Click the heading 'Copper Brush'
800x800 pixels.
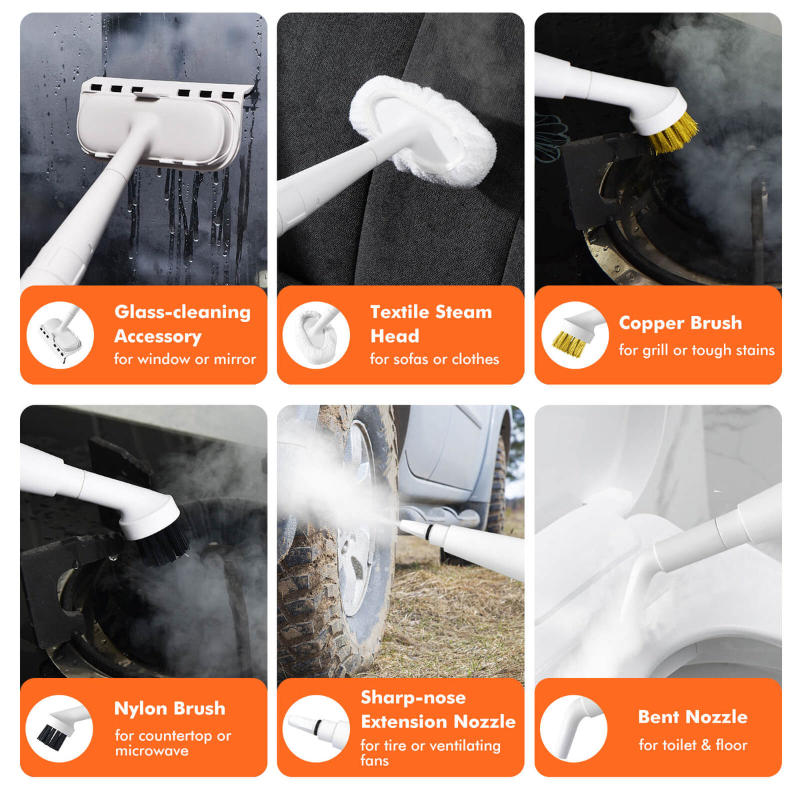(680, 323)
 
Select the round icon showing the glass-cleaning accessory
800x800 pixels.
(60, 335)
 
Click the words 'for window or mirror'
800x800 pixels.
(185, 359)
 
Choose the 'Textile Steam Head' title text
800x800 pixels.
(431, 324)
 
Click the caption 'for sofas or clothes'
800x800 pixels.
(434, 359)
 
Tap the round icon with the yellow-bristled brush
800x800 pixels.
(575, 335)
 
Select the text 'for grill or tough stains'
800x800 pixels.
(696, 351)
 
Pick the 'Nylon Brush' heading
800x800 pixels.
(169, 708)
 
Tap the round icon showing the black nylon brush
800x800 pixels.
(59, 729)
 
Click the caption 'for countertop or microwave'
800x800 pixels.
(173, 743)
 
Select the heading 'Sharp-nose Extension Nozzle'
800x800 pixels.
(438, 709)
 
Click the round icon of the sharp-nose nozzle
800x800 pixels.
(317, 729)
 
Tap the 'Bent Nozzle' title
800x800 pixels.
(693, 717)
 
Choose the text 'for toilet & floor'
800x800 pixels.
(693, 745)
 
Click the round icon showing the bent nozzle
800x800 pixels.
(574, 729)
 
